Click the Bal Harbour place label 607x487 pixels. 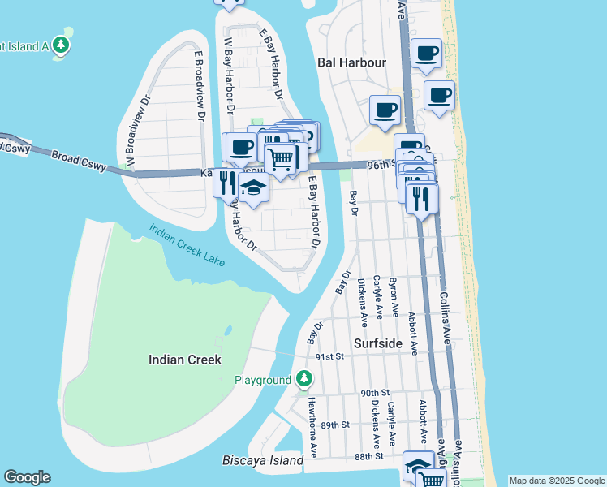[x=351, y=62]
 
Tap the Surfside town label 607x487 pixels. [x=378, y=343]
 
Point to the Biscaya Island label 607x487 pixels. [x=263, y=461]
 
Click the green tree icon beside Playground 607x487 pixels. [x=303, y=378]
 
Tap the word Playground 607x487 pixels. [x=263, y=380]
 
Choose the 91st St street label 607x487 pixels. [x=330, y=357]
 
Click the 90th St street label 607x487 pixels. [x=376, y=392]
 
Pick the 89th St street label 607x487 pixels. [x=334, y=425]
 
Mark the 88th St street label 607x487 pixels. [x=368, y=457]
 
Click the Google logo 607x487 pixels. [x=27, y=477]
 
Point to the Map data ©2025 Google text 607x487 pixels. [x=557, y=481]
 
